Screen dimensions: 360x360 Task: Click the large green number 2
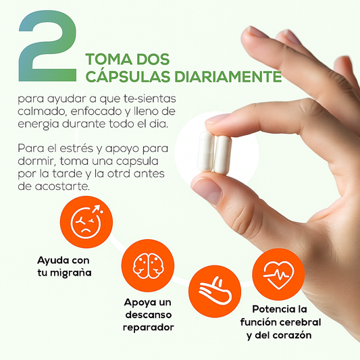pos(47,46)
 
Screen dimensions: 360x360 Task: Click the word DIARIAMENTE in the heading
pos(228,76)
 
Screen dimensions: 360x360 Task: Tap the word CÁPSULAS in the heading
pos(128,76)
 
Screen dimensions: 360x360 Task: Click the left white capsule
pos(206,151)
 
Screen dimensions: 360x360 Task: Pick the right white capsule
pos(222,155)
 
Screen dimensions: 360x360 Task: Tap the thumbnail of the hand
pos(207,190)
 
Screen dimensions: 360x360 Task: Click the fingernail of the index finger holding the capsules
pos(217,119)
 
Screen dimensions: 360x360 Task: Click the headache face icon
pos(86,222)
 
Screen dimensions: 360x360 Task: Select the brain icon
pos(148,265)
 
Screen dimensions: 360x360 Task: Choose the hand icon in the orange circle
pos(215,291)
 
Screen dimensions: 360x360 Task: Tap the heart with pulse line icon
pos(278,275)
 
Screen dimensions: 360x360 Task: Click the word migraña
pos(71,273)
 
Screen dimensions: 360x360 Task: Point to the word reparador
pos(149,327)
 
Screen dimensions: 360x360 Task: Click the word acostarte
pos(62,186)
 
